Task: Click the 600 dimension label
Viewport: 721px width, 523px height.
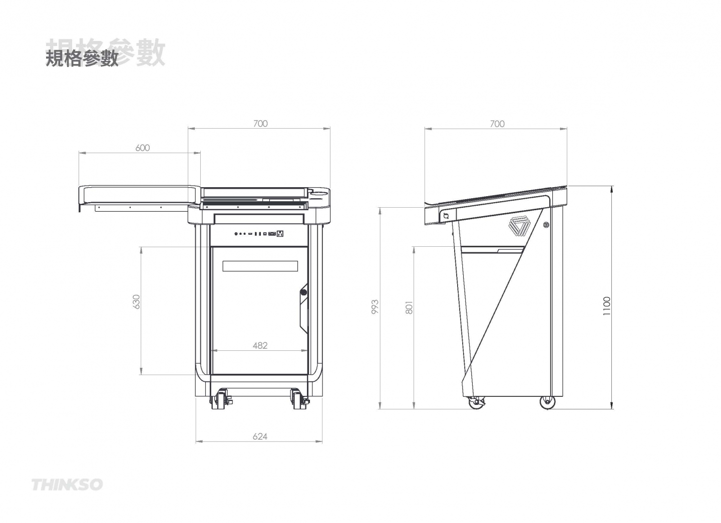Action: pyautogui.click(x=143, y=148)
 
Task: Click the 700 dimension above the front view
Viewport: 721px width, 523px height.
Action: pyautogui.click(x=260, y=124)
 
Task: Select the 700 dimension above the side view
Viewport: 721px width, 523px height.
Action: pyautogui.click(x=497, y=124)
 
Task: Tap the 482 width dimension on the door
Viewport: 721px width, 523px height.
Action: pyautogui.click(x=260, y=345)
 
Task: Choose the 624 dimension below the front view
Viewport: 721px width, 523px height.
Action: pyautogui.click(x=260, y=436)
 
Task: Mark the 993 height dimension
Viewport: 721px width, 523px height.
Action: pyautogui.click(x=375, y=307)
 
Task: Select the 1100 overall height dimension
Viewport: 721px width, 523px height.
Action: pyautogui.click(x=607, y=306)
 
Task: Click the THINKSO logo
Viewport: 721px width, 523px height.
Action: pyautogui.click(x=67, y=484)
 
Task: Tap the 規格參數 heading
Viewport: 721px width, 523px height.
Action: pyautogui.click(x=83, y=58)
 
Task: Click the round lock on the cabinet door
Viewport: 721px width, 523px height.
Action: pyautogui.click(x=303, y=292)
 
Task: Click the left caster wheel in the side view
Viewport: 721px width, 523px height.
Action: pyautogui.click(x=474, y=402)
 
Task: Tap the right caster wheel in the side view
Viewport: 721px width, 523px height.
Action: pyautogui.click(x=548, y=401)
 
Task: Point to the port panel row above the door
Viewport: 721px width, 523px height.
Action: pyautogui.click(x=259, y=234)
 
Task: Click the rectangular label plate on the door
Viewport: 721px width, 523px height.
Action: pyautogui.click(x=260, y=266)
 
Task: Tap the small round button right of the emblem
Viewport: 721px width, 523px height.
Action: pyautogui.click(x=546, y=224)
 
